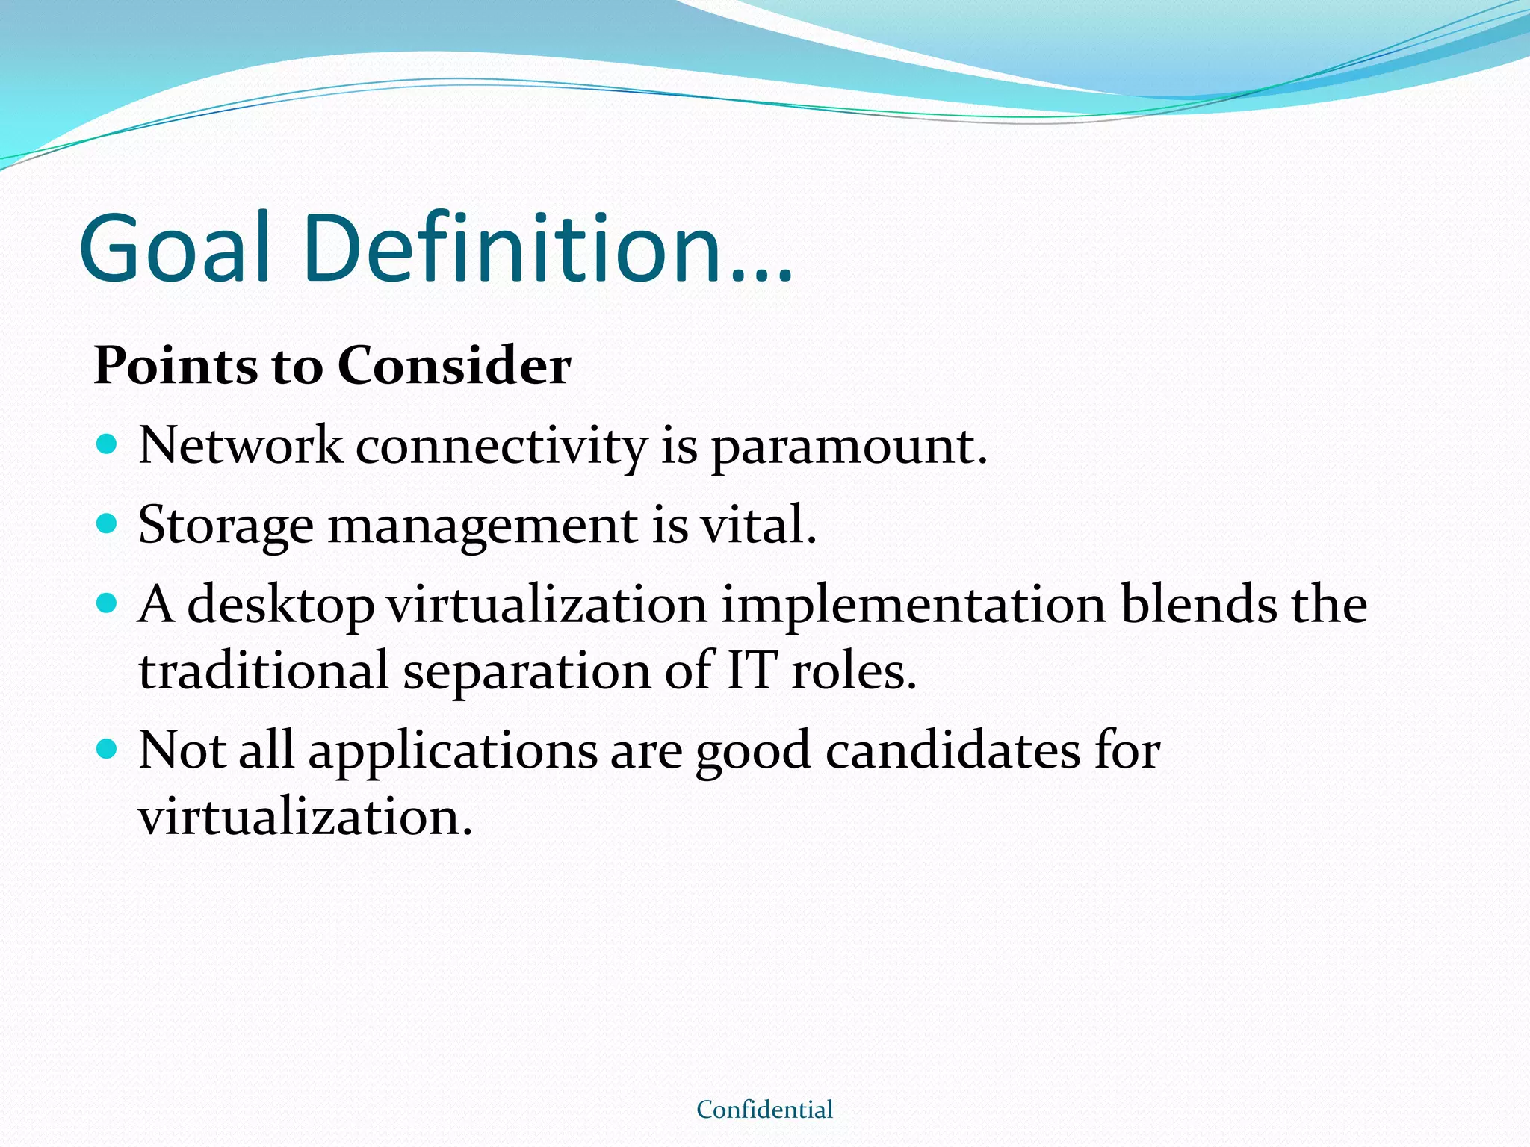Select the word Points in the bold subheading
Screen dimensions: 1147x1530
(174, 367)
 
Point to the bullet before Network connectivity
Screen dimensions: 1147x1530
(108, 445)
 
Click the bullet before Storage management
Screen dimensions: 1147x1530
(108, 523)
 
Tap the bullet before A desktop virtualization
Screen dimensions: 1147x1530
(108, 603)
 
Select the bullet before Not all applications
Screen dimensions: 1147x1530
(108, 749)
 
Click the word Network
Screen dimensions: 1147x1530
(241, 446)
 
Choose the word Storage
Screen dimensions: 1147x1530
(226, 526)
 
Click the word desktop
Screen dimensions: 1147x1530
(280, 606)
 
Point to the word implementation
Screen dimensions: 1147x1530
(913, 606)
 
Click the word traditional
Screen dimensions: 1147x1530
(264, 671)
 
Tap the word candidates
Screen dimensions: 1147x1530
(953, 750)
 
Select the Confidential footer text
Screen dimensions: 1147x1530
(764, 1110)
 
